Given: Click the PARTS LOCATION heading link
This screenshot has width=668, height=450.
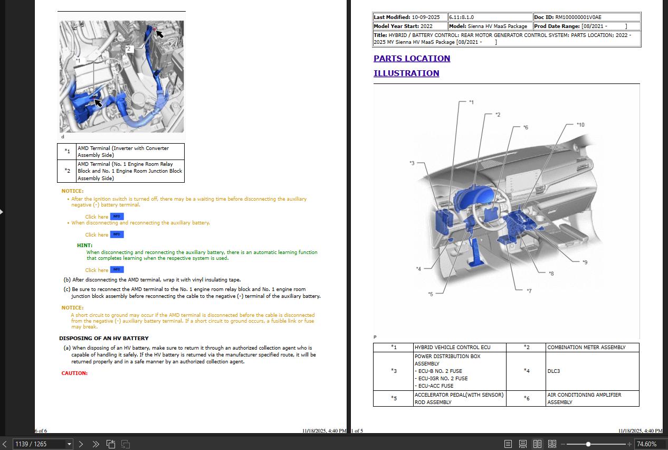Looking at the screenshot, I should coord(412,59).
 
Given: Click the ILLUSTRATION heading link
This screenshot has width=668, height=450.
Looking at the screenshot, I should coord(406,73).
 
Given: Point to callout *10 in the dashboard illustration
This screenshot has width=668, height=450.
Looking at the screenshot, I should coord(580,125).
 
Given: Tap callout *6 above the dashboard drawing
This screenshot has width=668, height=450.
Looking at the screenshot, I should coord(525,128).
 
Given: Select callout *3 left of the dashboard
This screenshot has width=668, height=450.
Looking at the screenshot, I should coord(412,163).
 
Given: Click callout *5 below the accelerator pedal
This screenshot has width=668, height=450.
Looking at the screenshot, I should coord(430,294).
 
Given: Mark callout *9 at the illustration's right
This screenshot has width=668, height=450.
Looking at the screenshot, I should coord(585,262).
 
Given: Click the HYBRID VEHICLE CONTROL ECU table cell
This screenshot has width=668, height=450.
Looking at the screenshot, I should coord(452,348).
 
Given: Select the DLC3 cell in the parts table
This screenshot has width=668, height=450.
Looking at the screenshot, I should coord(553,371).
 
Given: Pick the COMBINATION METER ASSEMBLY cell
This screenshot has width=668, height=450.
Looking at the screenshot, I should coord(586,348).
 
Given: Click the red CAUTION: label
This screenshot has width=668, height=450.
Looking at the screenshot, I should coord(74,373).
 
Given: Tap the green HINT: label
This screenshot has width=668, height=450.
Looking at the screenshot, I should coord(84,246).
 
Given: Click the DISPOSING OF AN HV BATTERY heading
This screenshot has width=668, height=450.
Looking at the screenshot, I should coord(103,338).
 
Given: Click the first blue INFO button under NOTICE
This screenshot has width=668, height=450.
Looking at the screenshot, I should coord(117,217).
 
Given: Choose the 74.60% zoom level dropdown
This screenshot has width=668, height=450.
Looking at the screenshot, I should coord(648,444).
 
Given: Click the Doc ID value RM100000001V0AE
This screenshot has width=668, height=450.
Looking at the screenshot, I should coord(578,17).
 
